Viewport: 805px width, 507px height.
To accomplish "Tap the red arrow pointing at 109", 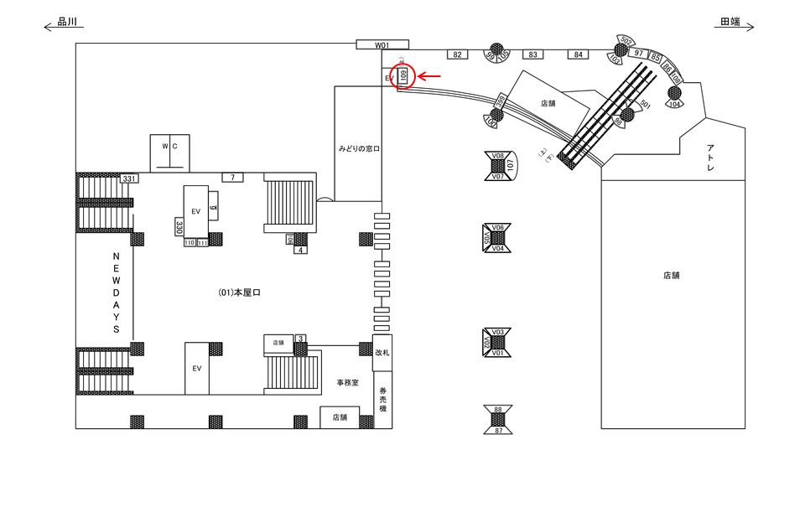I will coord(430,76).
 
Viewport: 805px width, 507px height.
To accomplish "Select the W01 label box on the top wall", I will coord(382,44).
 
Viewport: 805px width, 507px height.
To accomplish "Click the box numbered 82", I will coord(457,54).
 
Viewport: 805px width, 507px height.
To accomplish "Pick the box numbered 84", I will coord(578,54).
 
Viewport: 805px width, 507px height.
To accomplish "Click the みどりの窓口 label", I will coord(359,148).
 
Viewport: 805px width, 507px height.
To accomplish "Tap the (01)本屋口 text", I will coord(240,292).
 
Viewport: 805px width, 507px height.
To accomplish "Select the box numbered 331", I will coord(129,178).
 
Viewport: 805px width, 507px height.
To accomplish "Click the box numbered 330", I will coord(179,226).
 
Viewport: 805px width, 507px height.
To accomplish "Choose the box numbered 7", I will coord(232,177).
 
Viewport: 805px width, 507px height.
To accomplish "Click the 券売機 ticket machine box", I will coord(382,400).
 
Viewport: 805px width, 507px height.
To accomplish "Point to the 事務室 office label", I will coord(347,381).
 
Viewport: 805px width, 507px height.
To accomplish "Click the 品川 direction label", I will coord(69,23).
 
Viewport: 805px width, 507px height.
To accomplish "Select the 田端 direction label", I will coord(730,23).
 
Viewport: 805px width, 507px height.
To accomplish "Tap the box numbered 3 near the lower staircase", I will coord(301,339).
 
